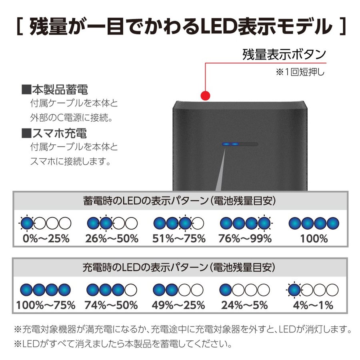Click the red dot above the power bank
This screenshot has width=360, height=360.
[205, 96]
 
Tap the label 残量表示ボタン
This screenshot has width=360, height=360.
[284, 54]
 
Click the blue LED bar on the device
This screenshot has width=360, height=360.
[230, 144]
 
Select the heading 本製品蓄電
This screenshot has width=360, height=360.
[55, 90]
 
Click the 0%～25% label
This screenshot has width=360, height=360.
[46, 238]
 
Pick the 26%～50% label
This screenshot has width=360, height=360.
[112, 238]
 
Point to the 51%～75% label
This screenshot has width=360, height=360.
[179, 238]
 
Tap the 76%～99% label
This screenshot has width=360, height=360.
[245, 238]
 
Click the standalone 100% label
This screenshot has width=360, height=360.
[314, 238]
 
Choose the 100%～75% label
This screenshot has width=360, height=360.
[46, 305]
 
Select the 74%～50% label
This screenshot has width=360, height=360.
[111, 305]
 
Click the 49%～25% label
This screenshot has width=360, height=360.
[178, 305]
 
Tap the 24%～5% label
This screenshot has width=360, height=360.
[244, 305]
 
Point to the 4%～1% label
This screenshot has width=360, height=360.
[313, 305]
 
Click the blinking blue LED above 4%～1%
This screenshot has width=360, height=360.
[294, 290]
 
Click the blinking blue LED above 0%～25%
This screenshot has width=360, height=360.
[27, 223]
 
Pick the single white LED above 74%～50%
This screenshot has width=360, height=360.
[131, 290]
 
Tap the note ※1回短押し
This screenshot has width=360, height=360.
[300, 72]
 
